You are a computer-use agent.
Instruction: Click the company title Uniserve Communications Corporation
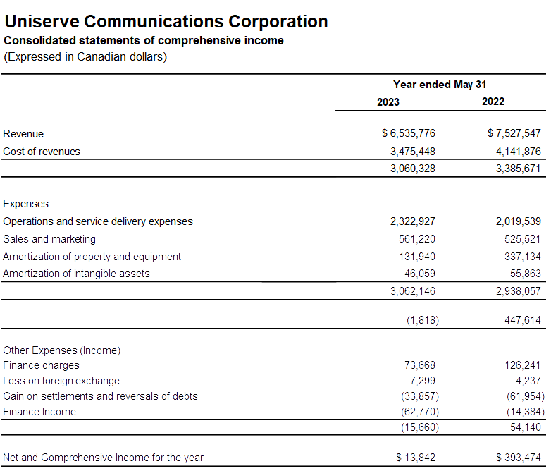point(166,22)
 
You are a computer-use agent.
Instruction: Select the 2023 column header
point(388,102)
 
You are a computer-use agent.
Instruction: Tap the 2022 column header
point(493,102)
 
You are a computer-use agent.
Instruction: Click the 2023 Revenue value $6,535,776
point(409,133)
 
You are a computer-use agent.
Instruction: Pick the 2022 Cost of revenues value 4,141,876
point(514,151)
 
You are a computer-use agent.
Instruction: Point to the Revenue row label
point(23,134)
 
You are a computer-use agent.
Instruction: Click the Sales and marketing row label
point(49,239)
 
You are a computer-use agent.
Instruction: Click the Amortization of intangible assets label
point(76,274)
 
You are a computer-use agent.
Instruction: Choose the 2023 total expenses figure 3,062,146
point(413,290)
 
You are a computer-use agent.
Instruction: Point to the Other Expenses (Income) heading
point(62,350)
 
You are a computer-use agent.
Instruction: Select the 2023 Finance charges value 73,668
point(420,365)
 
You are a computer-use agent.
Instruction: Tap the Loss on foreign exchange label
point(61,381)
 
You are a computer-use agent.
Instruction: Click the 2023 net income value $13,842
point(416,458)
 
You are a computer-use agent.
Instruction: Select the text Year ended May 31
point(440,85)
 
